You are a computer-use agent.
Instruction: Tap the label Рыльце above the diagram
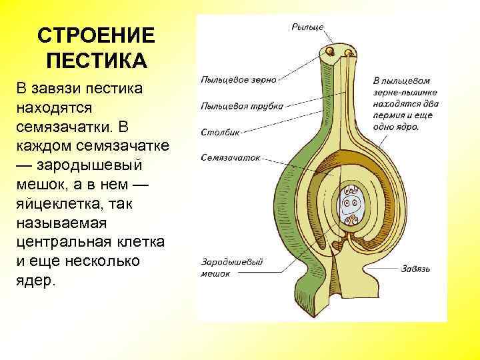[x=307, y=26]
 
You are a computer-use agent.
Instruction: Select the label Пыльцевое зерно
[x=238, y=79]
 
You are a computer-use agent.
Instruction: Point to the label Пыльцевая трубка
[x=241, y=105]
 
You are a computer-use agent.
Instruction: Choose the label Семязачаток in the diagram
[x=231, y=159]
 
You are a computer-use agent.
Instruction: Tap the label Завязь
[x=416, y=269]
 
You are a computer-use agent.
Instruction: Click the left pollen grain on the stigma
[x=329, y=52]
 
